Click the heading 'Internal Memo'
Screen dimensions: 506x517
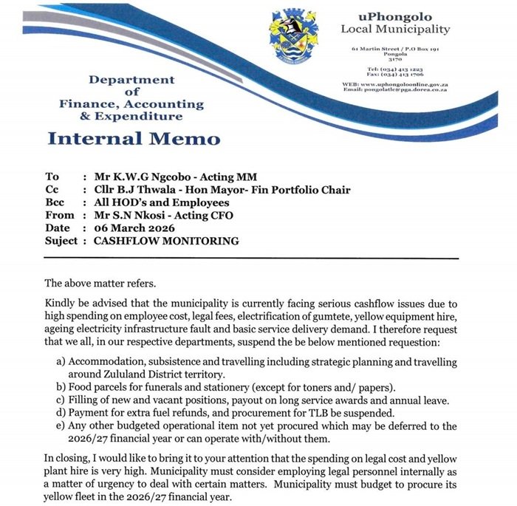(134, 139)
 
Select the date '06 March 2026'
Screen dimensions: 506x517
(132, 228)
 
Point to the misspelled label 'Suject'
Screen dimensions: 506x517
(61, 241)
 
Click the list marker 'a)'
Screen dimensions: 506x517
(60, 363)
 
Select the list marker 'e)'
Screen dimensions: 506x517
(60, 425)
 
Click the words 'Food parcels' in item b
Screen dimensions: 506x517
(98, 388)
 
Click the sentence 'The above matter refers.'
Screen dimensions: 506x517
(101, 283)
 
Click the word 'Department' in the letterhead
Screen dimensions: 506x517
(131, 80)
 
